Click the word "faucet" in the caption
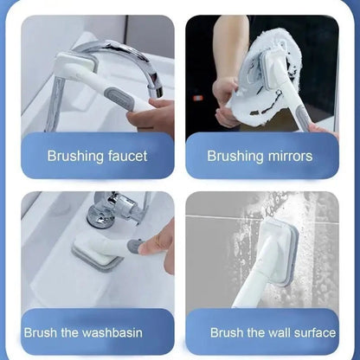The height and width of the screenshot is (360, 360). [127, 156]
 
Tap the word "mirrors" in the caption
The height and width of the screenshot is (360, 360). [290, 156]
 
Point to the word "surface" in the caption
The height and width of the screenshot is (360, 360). [315, 332]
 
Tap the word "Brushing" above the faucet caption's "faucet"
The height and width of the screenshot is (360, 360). [75, 156]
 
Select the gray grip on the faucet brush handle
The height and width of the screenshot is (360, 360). [119, 99]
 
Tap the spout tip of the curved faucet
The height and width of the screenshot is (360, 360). [155, 92]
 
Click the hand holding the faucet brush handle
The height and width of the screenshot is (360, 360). [151, 115]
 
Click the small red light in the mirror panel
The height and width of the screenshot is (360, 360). [198, 98]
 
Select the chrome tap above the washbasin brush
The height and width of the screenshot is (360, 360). [115, 209]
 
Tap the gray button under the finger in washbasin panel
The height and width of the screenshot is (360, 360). [134, 246]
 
